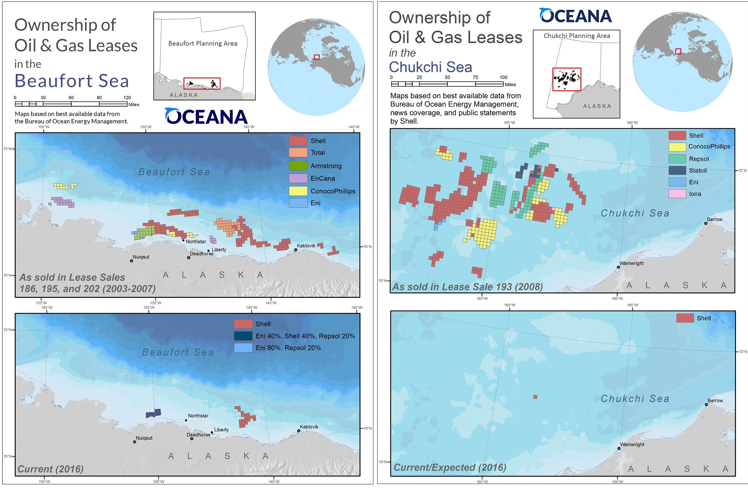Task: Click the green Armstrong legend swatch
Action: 298,166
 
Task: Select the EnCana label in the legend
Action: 323,178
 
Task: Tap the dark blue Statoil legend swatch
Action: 677,170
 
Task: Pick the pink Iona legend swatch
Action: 677,194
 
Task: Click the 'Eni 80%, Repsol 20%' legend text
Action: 288,348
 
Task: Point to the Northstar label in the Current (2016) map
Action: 198,416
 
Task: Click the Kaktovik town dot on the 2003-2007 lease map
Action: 295,250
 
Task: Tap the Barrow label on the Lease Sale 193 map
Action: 714,219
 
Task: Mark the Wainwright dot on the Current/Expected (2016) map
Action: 619,449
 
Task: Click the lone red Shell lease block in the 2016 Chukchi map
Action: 535,397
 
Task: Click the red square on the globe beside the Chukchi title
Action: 678,51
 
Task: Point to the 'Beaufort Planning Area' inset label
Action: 203,43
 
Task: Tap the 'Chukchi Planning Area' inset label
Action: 577,36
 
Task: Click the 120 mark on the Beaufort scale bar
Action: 127,98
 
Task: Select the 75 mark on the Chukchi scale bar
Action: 475,77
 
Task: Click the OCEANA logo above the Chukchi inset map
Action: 575,16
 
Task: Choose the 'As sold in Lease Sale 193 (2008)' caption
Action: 467,287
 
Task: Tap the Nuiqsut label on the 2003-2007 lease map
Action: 141,257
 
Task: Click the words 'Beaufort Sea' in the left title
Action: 72,81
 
